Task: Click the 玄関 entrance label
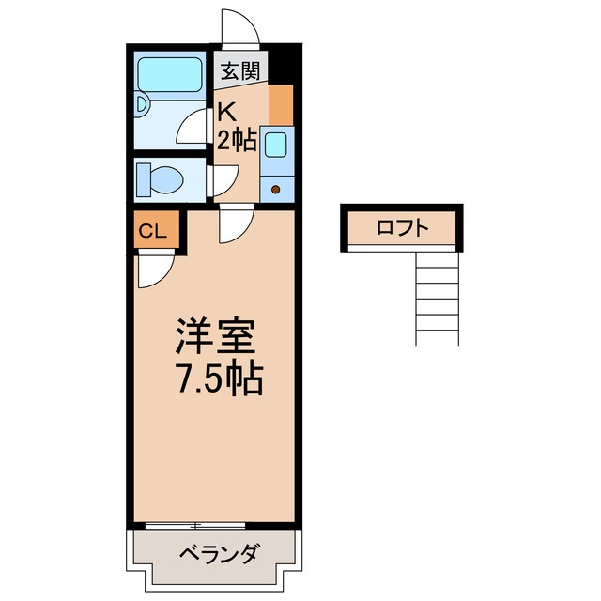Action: tap(241, 68)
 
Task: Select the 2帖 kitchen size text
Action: tap(238, 140)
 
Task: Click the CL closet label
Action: tap(153, 231)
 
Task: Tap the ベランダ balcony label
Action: tap(217, 553)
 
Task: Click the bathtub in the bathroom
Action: tap(170, 75)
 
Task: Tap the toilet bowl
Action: tap(162, 178)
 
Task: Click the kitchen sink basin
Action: tap(276, 145)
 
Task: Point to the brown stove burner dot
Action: tap(276, 191)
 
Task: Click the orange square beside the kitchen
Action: tap(280, 103)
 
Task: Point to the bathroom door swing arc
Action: tap(194, 127)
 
